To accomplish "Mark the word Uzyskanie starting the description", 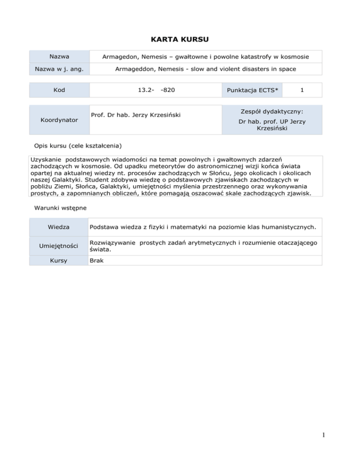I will pos(45,159).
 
